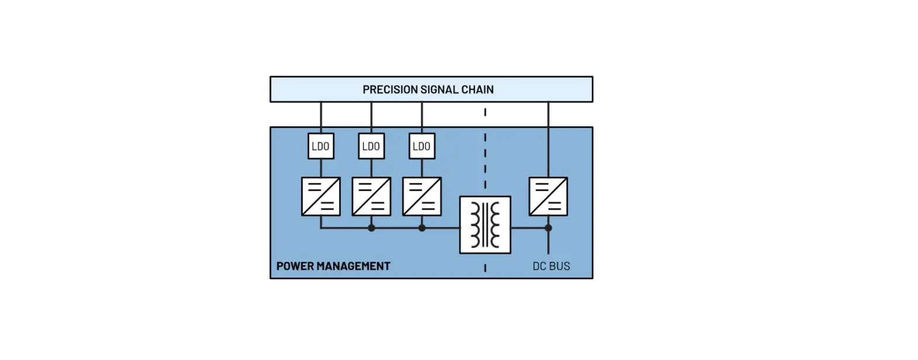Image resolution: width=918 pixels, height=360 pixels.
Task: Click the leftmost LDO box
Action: tap(321, 146)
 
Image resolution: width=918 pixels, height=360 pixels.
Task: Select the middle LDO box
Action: tap(371, 146)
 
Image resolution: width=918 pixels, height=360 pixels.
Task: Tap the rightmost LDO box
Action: tap(422, 146)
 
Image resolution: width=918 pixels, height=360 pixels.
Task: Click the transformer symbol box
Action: tap(485, 225)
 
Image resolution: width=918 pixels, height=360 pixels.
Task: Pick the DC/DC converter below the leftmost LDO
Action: tap(321, 196)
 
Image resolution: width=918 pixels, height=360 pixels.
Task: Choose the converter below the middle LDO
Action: tap(371, 196)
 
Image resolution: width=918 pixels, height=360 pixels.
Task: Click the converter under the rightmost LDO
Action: tap(422, 196)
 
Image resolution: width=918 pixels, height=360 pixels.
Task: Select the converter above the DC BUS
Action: tap(548, 196)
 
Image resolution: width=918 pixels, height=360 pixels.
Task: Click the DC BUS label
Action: tap(551, 266)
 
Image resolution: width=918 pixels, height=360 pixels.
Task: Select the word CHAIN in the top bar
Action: tap(477, 90)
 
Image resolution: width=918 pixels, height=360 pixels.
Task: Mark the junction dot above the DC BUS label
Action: tap(548, 228)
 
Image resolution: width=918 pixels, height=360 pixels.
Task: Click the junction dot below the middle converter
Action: tap(371, 228)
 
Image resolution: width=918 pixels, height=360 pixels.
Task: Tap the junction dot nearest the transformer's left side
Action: tap(422, 228)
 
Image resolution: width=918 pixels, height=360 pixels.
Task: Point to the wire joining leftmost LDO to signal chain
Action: tap(321, 117)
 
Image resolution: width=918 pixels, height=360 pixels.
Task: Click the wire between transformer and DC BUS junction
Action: tap(529, 228)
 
